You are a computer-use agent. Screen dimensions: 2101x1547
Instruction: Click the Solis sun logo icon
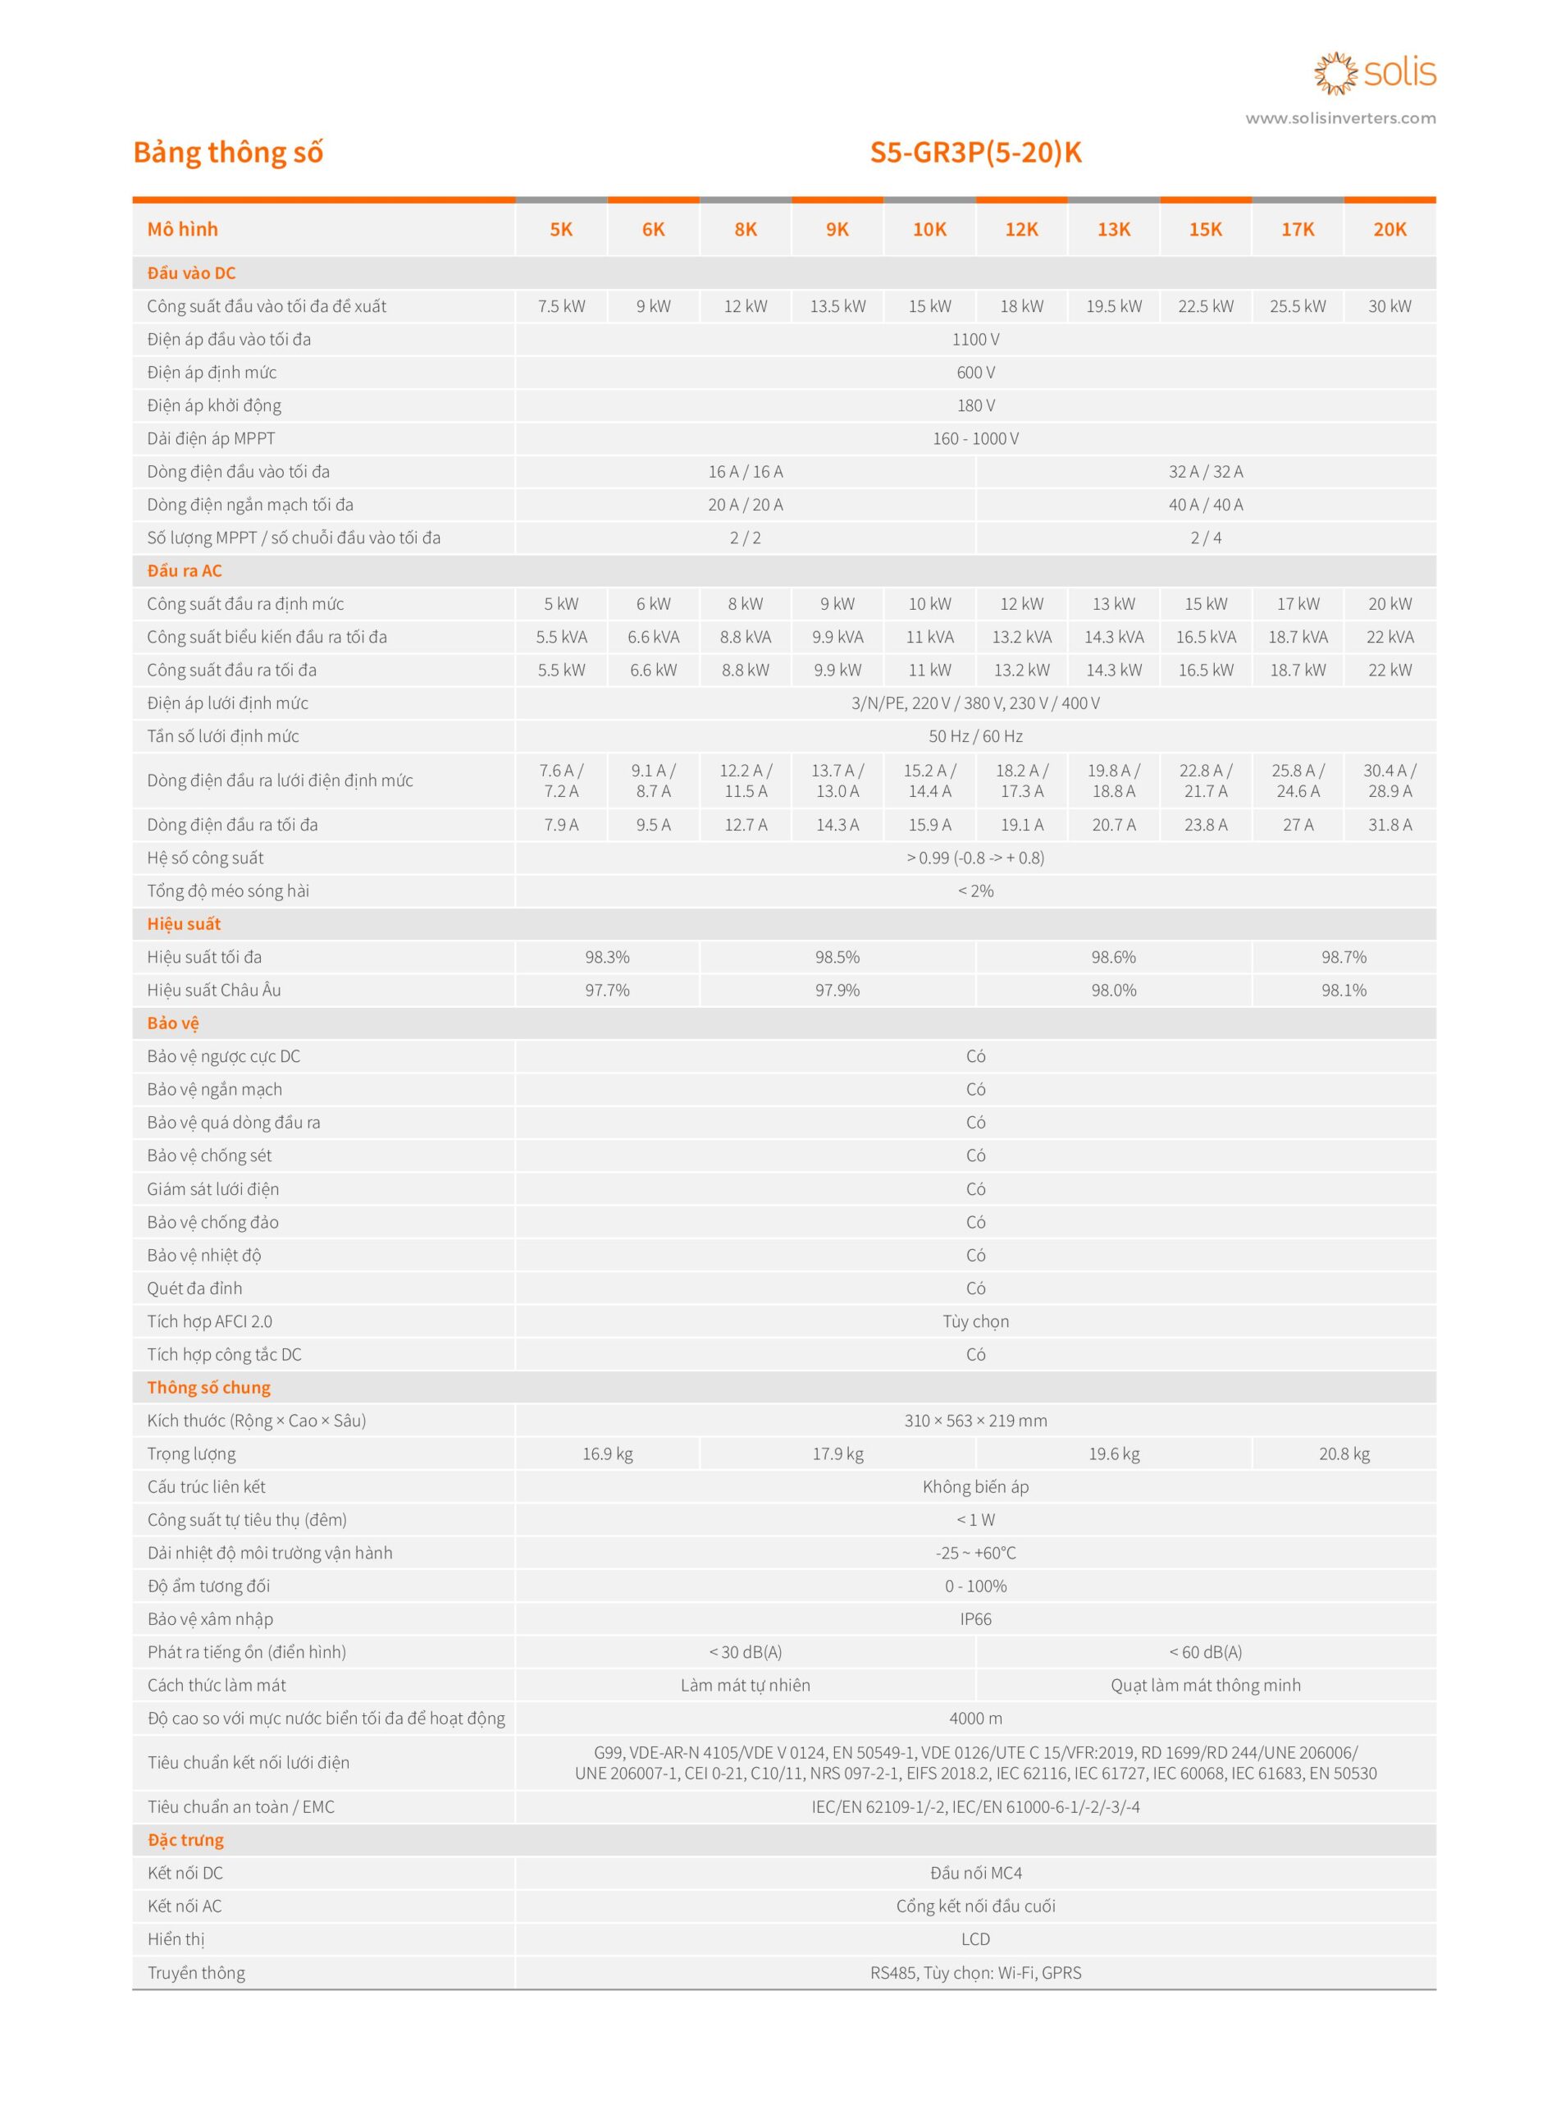[x=1335, y=73]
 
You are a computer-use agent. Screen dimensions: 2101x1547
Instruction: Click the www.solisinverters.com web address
[x=1340, y=118]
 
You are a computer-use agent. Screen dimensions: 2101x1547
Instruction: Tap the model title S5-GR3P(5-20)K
[x=976, y=152]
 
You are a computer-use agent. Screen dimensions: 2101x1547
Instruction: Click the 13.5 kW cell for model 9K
[x=838, y=306]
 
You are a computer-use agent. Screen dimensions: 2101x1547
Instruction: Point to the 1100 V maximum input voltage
[x=976, y=339]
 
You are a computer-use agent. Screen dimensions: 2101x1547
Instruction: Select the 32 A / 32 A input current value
[x=1205, y=472]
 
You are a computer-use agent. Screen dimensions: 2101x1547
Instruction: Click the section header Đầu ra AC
[x=185, y=571]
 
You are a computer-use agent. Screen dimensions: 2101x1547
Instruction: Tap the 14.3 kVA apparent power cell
[x=1113, y=637]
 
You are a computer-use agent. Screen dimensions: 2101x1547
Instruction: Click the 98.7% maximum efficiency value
[x=1344, y=957]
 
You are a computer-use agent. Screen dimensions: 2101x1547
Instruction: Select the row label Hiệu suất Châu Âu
[x=213, y=990]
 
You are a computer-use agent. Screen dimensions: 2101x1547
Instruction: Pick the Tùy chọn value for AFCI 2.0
[x=976, y=1321]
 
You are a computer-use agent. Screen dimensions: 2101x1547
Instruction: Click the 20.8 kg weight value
[x=1344, y=1453]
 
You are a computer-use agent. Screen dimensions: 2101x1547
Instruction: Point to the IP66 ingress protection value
[x=976, y=1619]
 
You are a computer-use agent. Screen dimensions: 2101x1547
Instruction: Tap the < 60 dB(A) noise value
[x=1205, y=1652]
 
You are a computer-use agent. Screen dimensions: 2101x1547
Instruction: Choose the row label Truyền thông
[x=196, y=1974]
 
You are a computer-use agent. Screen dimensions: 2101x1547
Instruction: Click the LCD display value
[x=976, y=1940]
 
